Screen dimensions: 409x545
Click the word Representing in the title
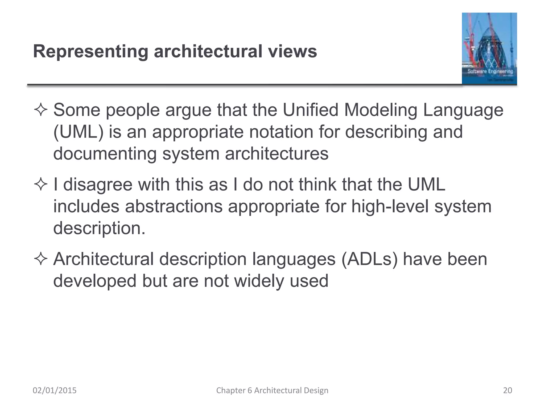90,51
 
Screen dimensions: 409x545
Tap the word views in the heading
292,51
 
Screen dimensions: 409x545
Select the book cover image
489,49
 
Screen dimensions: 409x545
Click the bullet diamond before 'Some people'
41,110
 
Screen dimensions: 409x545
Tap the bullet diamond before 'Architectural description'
41,259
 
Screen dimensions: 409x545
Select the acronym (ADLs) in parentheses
369,259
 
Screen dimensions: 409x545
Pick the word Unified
310,110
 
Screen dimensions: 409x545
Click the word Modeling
381,110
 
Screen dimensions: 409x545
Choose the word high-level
390,206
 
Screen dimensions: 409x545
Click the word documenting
105,154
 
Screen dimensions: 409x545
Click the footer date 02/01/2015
55,390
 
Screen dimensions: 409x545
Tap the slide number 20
507,390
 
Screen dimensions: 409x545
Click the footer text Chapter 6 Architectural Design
272,390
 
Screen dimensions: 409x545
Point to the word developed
95,281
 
